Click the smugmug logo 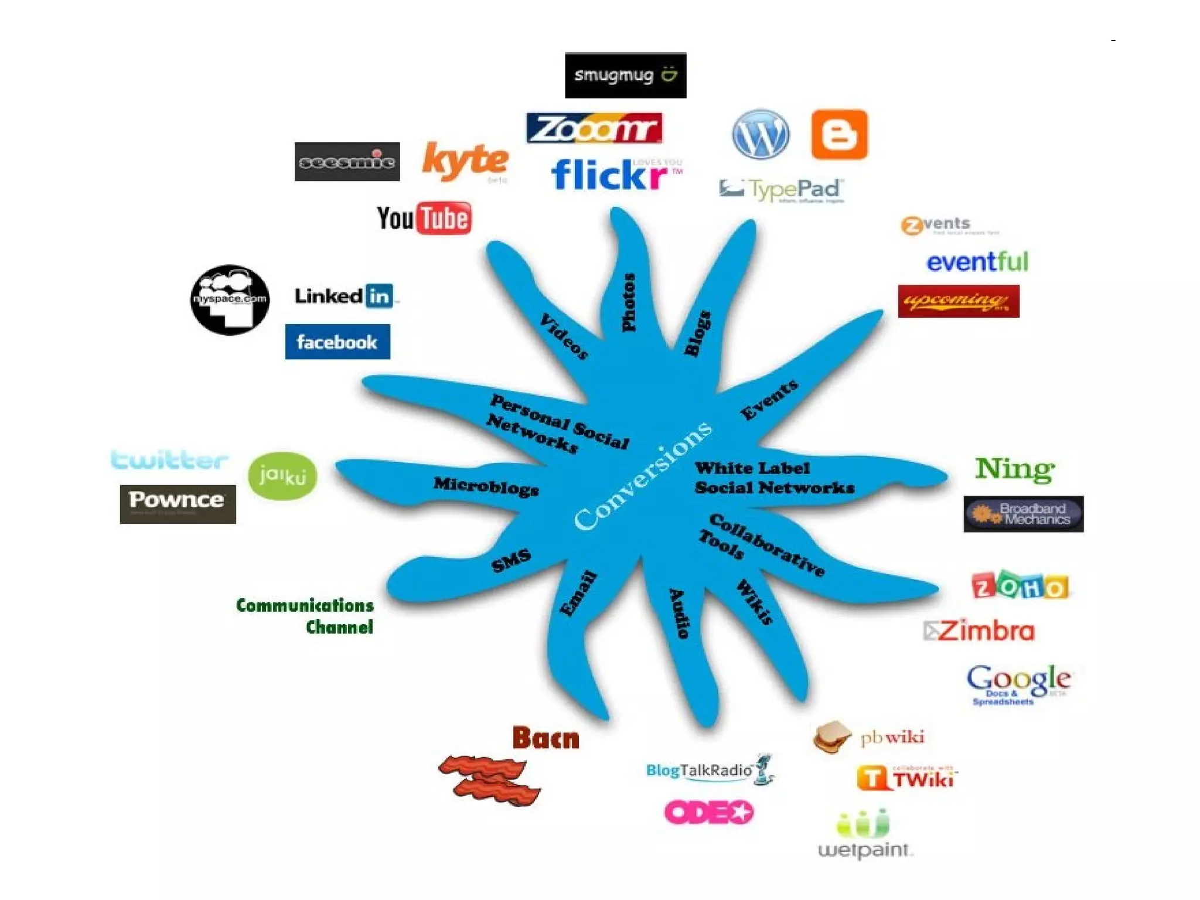pyautogui.click(x=625, y=75)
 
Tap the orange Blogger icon pyautogui.click(x=839, y=134)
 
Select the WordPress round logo pyautogui.click(x=761, y=134)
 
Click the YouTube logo pyautogui.click(x=424, y=219)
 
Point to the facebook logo pyautogui.click(x=337, y=342)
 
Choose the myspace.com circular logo pyautogui.click(x=230, y=300)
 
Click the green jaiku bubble pyautogui.click(x=282, y=476)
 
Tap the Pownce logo pyautogui.click(x=178, y=503)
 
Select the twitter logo pyautogui.click(x=169, y=460)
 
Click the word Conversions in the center pyautogui.click(x=642, y=476)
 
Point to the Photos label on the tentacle pyautogui.click(x=629, y=302)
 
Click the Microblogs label pyautogui.click(x=486, y=486)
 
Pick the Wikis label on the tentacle pyautogui.click(x=755, y=602)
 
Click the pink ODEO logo pyautogui.click(x=708, y=812)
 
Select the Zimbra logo pyautogui.click(x=979, y=631)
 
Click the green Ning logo pyautogui.click(x=1015, y=469)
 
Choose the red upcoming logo pyautogui.click(x=959, y=301)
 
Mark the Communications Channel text pyautogui.click(x=305, y=616)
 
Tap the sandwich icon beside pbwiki pyautogui.click(x=832, y=737)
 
